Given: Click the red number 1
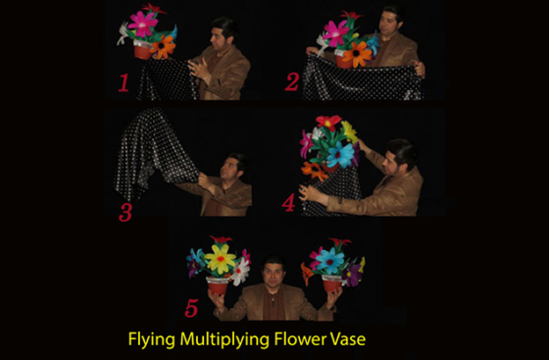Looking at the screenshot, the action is click(x=124, y=83).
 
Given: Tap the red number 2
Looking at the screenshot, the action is click(x=292, y=82).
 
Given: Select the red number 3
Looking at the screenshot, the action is click(x=125, y=212).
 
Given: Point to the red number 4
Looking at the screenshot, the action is click(x=288, y=203).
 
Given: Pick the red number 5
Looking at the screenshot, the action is click(x=191, y=308).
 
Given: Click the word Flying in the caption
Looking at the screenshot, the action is click(x=151, y=339).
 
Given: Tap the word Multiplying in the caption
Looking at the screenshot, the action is click(x=225, y=339).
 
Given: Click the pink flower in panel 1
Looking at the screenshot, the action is click(x=143, y=24).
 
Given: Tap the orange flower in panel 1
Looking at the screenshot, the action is click(x=163, y=47).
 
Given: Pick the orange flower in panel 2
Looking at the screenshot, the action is click(x=357, y=54).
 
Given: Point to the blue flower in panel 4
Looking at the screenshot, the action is click(x=340, y=154).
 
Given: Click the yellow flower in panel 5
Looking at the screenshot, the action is click(x=221, y=259).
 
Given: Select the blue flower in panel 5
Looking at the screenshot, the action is click(x=329, y=261).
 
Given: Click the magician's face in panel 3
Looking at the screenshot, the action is click(x=229, y=169).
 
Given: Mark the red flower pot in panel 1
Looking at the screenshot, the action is click(x=142, y=50).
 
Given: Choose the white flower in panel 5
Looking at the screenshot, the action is click(x=240, y=272).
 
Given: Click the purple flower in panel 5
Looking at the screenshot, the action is click(x=352, y=275).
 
